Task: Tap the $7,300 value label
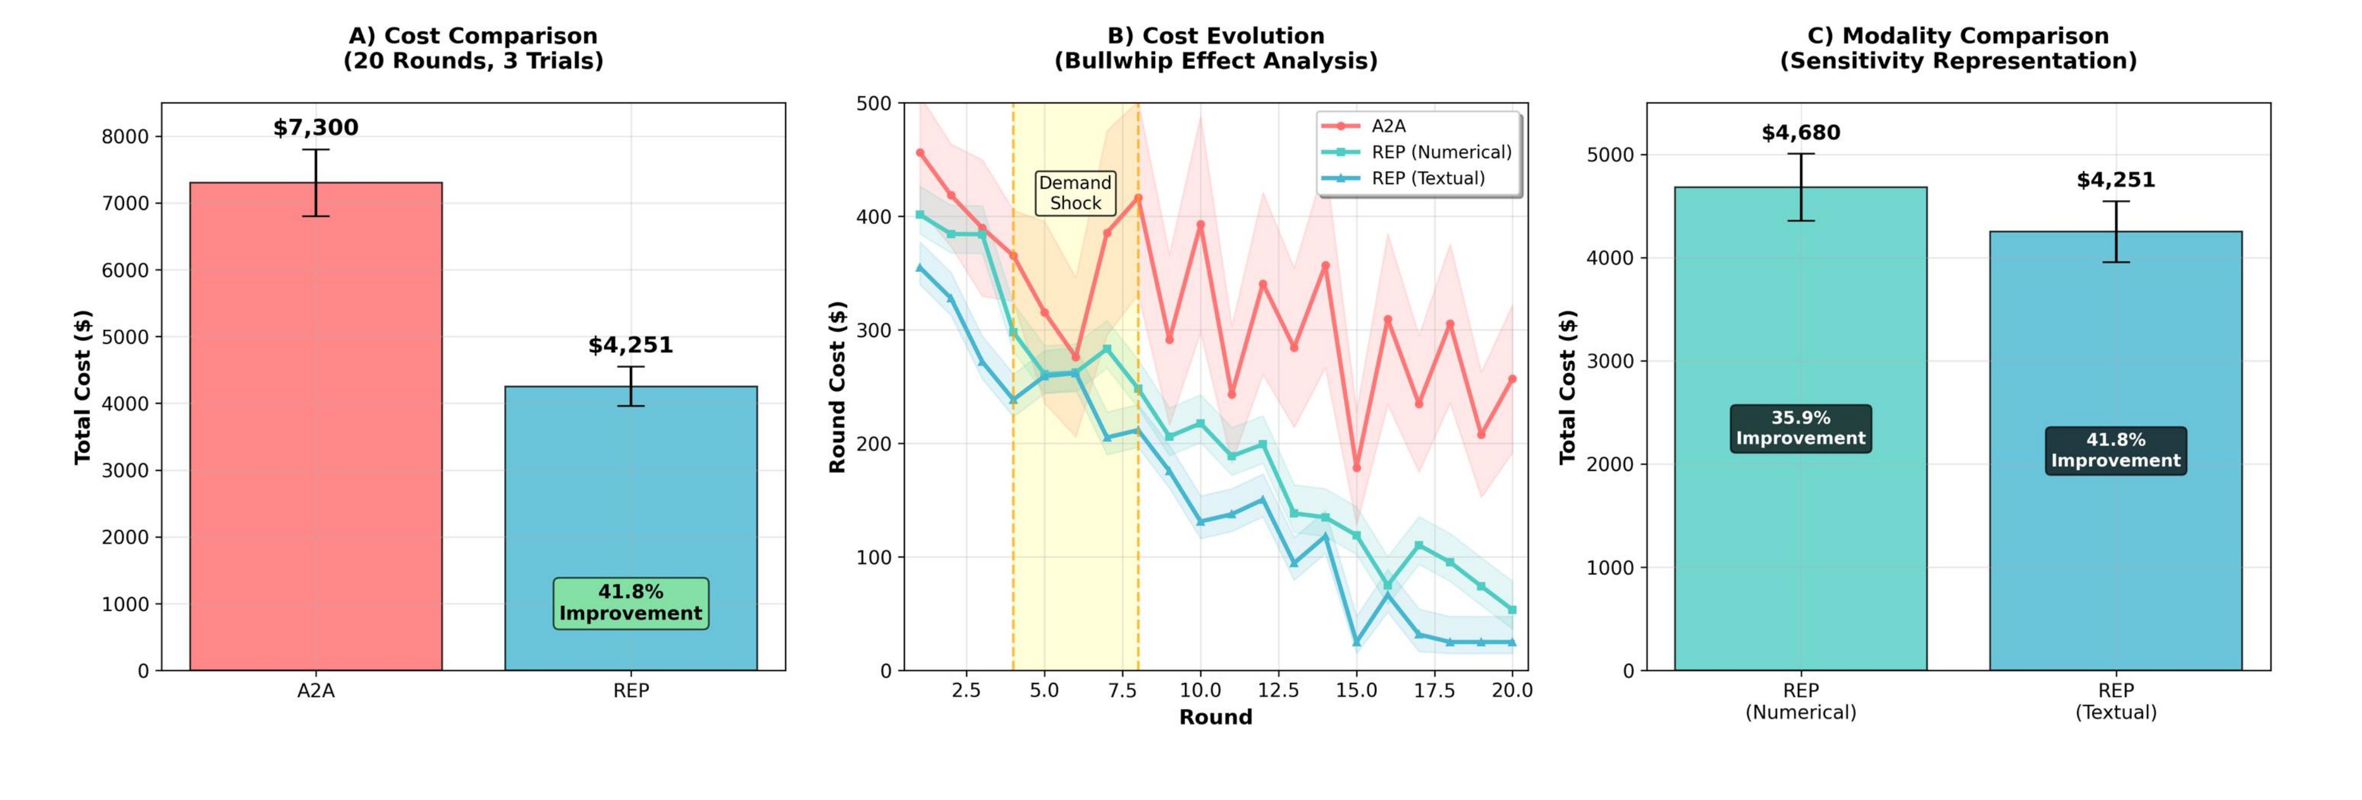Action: (316, 128)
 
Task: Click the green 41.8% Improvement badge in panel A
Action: (631, 603)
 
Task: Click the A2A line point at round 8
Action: (1138, 197)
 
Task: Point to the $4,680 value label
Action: (1800, 133)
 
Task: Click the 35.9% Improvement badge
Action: (1800, 428)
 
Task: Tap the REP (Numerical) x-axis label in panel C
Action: (1800, 701)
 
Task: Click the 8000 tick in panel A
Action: (125, 137)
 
